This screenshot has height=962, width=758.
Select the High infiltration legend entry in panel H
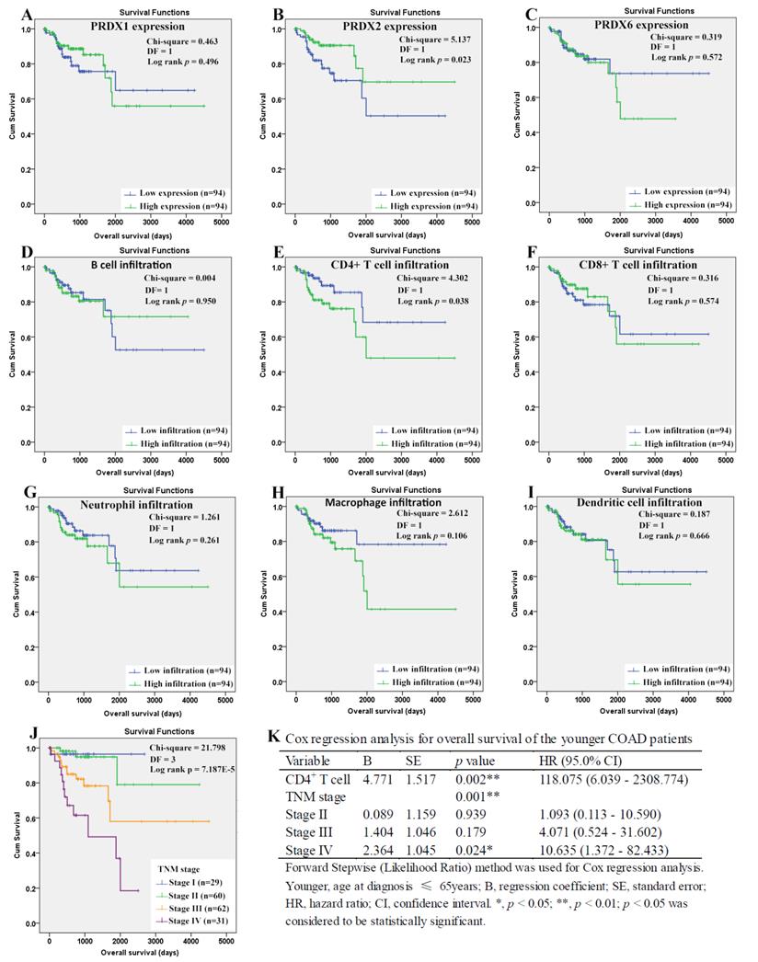point(425,681)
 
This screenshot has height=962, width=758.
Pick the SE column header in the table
point(413,762)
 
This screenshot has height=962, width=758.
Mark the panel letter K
point(272,738)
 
